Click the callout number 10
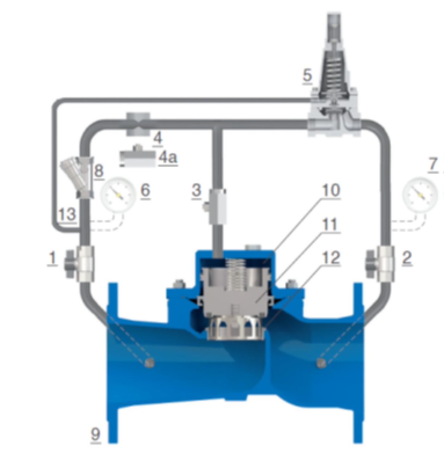pyautogui.click(x=331, y=190)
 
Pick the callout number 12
pyautogui.click(x=331, y=257)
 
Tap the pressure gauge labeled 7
pyautogui.click(x=420, y=195)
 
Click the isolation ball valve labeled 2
pyautogui.click(x=380, y=264)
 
